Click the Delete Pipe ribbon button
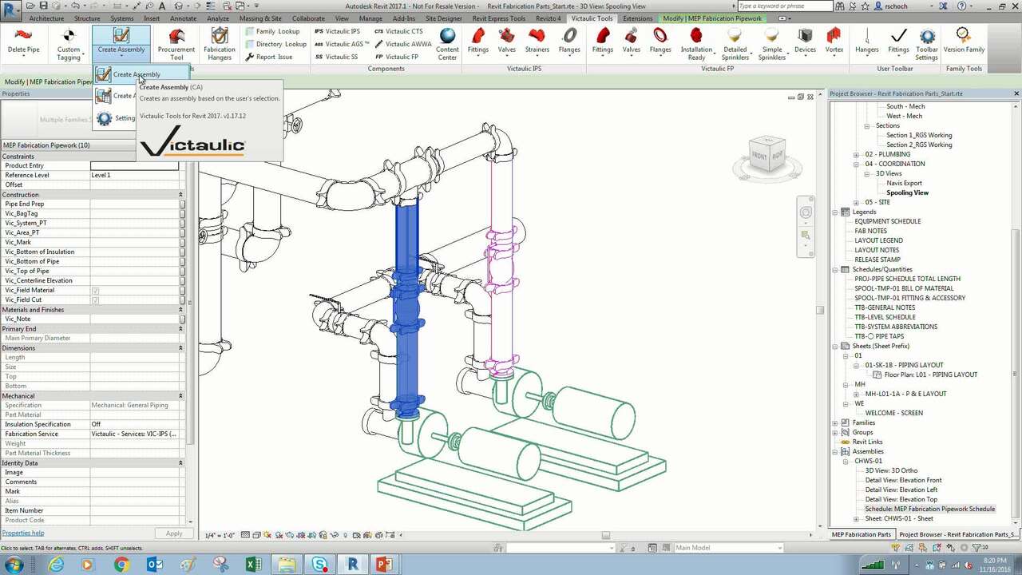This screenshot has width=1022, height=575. [23, 42]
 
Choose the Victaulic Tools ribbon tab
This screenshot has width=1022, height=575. [592, 18]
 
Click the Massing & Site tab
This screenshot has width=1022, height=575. [260, 18]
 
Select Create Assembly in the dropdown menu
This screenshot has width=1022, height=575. [136, 74]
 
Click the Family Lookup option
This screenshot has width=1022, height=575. [276, 32]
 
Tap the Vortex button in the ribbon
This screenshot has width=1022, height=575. [834, 42]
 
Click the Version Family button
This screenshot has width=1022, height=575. [964, 42]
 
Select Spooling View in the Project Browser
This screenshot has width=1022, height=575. [907, 192]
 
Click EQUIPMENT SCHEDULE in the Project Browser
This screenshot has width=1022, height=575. [887, 221]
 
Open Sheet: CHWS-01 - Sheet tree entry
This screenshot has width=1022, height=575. [898, 518]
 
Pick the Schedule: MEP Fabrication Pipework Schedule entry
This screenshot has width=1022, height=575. [929, 509]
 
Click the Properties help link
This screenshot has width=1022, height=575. [23, 533]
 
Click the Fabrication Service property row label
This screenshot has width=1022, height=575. [32, 434]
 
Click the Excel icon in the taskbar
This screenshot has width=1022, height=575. [253, 565]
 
